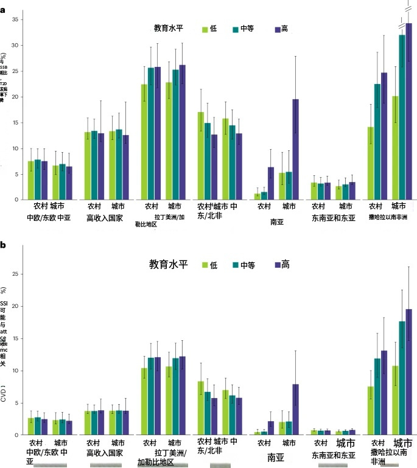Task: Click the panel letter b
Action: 4,245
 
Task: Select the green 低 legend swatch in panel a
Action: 205,29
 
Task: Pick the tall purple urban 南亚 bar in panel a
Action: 295,149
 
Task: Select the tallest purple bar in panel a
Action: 409,111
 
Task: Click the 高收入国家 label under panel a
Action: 107,217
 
